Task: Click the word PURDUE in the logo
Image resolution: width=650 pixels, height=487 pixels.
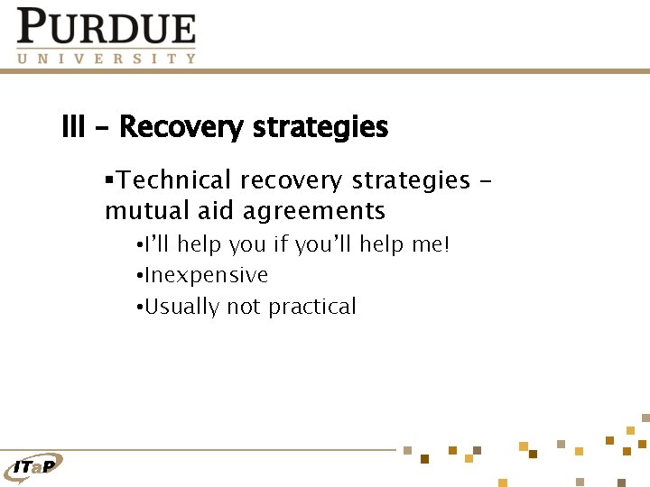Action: [x=107, y=27]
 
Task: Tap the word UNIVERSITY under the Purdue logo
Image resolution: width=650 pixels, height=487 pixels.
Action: [x=107, y=59]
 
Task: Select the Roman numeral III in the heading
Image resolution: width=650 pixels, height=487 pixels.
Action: [x=73, y=127]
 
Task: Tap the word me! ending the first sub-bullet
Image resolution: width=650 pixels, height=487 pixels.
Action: [x=429, y=244]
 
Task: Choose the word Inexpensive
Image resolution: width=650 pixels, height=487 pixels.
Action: [x=206, y=275]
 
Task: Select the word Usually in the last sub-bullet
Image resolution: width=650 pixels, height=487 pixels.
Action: [x=181, y=307]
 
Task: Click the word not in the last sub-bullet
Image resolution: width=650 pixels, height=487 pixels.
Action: [x=243, y=307]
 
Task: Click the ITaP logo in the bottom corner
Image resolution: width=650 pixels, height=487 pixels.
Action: [x=34, y=466]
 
